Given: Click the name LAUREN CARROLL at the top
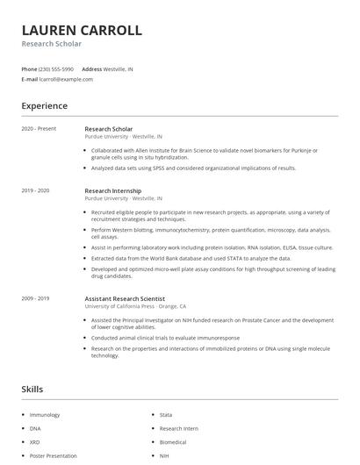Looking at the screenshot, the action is coord(82,30).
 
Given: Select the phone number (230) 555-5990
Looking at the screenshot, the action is coord(56,68).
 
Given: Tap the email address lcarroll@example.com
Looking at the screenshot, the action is coord(66,79).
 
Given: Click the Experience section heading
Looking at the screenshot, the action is coord(44,106).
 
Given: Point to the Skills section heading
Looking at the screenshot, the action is coord(32,388).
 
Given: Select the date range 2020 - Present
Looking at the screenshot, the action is coord(39,129).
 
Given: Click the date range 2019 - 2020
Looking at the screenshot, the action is coord(35,190).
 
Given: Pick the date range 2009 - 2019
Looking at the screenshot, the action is coord(35,298).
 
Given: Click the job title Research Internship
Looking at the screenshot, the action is coord(112,190).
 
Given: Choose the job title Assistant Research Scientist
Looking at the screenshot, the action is coord(125,298).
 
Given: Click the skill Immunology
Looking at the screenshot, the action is coord(46,414).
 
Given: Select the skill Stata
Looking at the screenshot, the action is coord(166,414).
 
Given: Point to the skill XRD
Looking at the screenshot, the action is coord(35,442).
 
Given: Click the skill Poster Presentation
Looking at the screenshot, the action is coord(53,456).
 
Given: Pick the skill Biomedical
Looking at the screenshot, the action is coord(173,442).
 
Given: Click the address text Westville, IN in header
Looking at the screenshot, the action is coord(119,68).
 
